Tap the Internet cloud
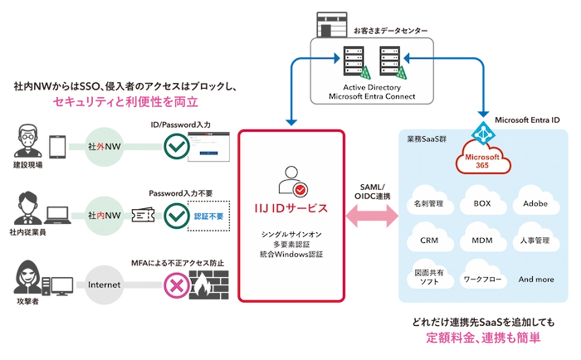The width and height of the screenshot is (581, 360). (x=104, y=285)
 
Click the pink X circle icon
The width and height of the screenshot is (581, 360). (x=175, y=285)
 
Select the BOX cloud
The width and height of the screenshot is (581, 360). (x=482, y=202)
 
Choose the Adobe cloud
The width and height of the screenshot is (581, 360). (x=535, y=202)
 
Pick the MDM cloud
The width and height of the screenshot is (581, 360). (x=482, y=240)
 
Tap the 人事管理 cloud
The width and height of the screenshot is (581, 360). (x=535, y=240)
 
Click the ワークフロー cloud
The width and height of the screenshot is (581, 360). (x=482, y=279)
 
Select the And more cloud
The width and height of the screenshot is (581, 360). (x=535, y=279)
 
